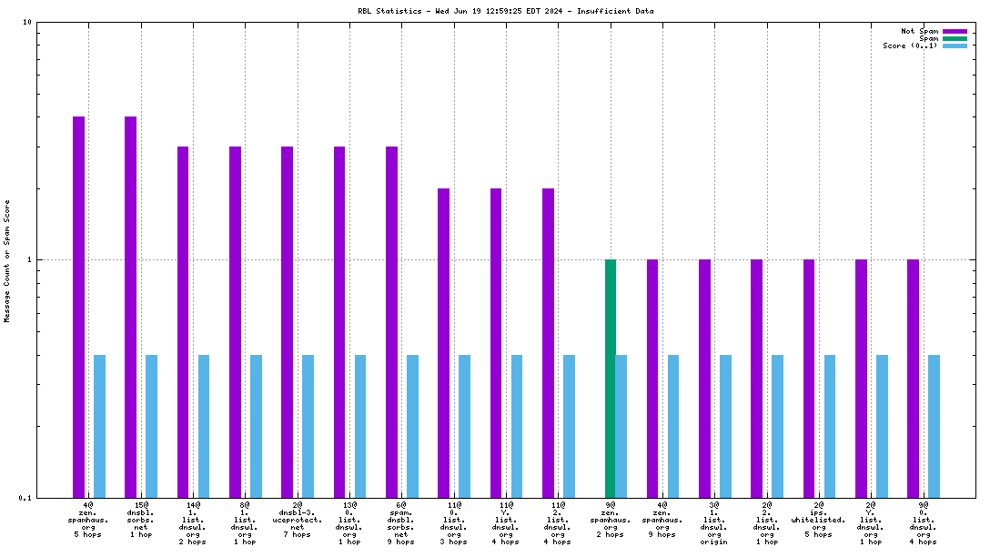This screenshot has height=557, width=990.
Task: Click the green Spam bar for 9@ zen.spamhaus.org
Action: click(611, 378)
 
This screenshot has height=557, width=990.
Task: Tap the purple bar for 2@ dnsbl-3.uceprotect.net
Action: click(287, 321)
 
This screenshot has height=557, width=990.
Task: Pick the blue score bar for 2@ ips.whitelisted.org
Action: click(830, 426)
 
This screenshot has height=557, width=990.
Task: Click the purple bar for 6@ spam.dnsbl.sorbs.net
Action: click(391, 321)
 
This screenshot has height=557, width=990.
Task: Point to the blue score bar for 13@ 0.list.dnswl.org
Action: click(360, 426)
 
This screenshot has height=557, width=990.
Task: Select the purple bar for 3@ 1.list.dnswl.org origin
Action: click(704, 378)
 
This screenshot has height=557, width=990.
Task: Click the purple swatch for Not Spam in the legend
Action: click(955, 31)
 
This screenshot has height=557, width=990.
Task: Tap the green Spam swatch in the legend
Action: click(955, 38)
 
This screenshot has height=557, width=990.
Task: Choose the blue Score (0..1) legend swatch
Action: click(955, 46)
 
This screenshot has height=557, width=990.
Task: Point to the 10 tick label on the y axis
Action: click(27, 22)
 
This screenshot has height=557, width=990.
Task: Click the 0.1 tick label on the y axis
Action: click(25, 497)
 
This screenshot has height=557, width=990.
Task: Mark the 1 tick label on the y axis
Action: click(30, 259)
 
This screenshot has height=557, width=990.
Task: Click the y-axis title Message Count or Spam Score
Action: click(7, 260)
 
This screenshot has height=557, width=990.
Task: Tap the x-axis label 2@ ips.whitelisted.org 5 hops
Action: click(819, 520)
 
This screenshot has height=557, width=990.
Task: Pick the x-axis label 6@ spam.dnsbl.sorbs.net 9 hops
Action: click(401, 522)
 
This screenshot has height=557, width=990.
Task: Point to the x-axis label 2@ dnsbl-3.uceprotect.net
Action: click(298, 519)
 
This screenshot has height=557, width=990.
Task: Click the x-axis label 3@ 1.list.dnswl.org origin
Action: click(714, 522)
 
